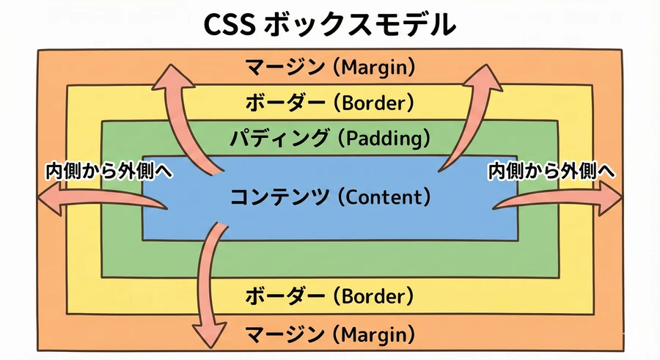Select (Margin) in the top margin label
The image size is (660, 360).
click(375, 68)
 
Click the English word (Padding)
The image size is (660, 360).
click(387, 137)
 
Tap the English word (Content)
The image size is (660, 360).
click(385, 196)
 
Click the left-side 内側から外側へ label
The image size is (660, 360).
click(109, 171)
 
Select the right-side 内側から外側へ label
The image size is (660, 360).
click(551, 171)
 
